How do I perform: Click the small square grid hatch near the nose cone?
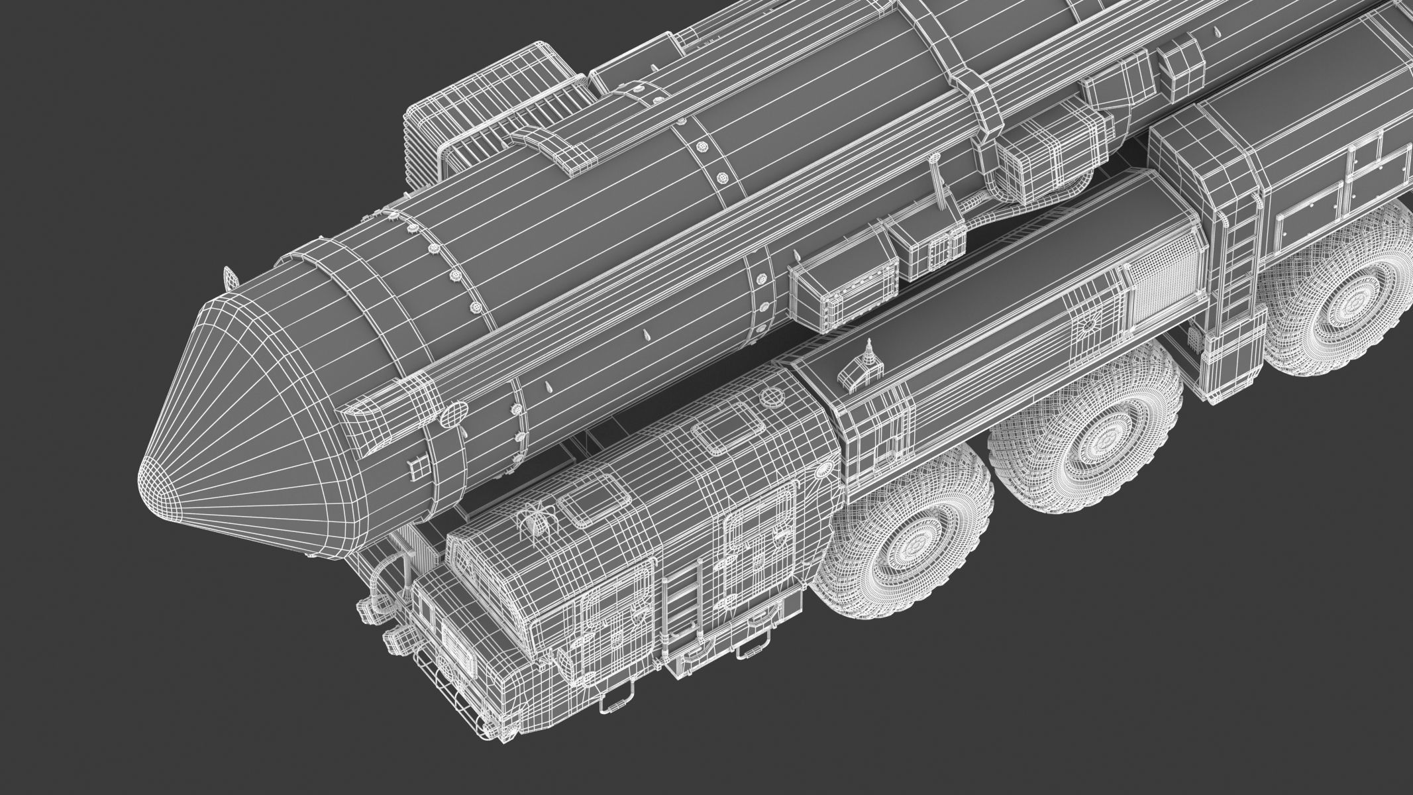[418, 468]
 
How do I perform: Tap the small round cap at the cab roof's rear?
[770, 396]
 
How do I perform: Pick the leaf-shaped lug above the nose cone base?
[230, 274]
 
